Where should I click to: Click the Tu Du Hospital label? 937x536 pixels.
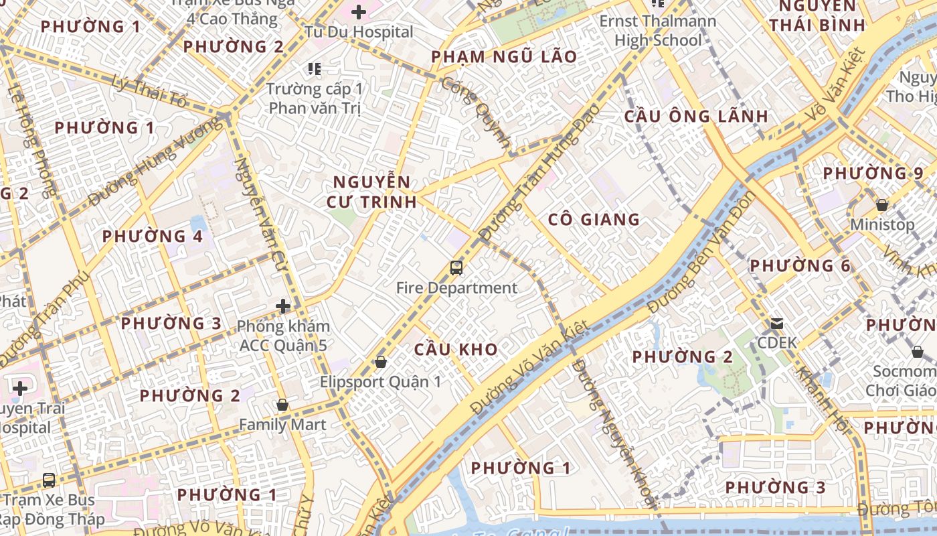point(359,31)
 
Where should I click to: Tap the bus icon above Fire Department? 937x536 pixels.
point(456,268)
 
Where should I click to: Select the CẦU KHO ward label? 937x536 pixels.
point(456,349)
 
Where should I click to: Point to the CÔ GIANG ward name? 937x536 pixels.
point(594,220)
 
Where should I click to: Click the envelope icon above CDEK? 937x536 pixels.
point(777,324)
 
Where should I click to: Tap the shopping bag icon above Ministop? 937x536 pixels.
point(882,205)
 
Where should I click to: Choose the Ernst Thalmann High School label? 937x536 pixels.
point(657,31)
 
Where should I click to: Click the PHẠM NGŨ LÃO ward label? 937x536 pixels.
point(504,57)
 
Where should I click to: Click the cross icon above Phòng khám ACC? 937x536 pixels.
point(283,307)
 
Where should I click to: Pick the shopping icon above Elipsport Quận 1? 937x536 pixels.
point(381,362)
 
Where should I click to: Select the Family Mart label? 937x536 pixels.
point(282,424)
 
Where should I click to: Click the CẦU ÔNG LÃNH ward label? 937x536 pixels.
point(696,116)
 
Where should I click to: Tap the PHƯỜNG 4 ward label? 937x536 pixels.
point(152,237)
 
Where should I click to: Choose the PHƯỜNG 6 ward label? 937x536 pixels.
point(800,266)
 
